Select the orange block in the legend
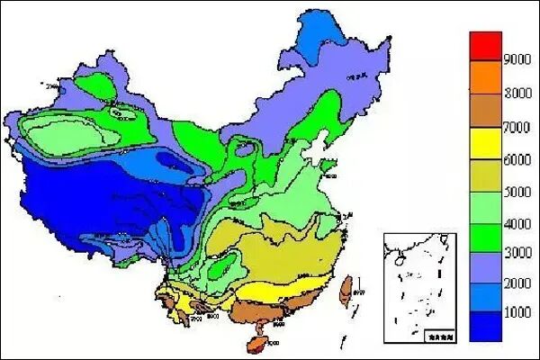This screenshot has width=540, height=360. (485, 77)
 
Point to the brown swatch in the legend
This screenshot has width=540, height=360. (485, 110)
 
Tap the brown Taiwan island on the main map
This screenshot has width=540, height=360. (345, 288)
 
